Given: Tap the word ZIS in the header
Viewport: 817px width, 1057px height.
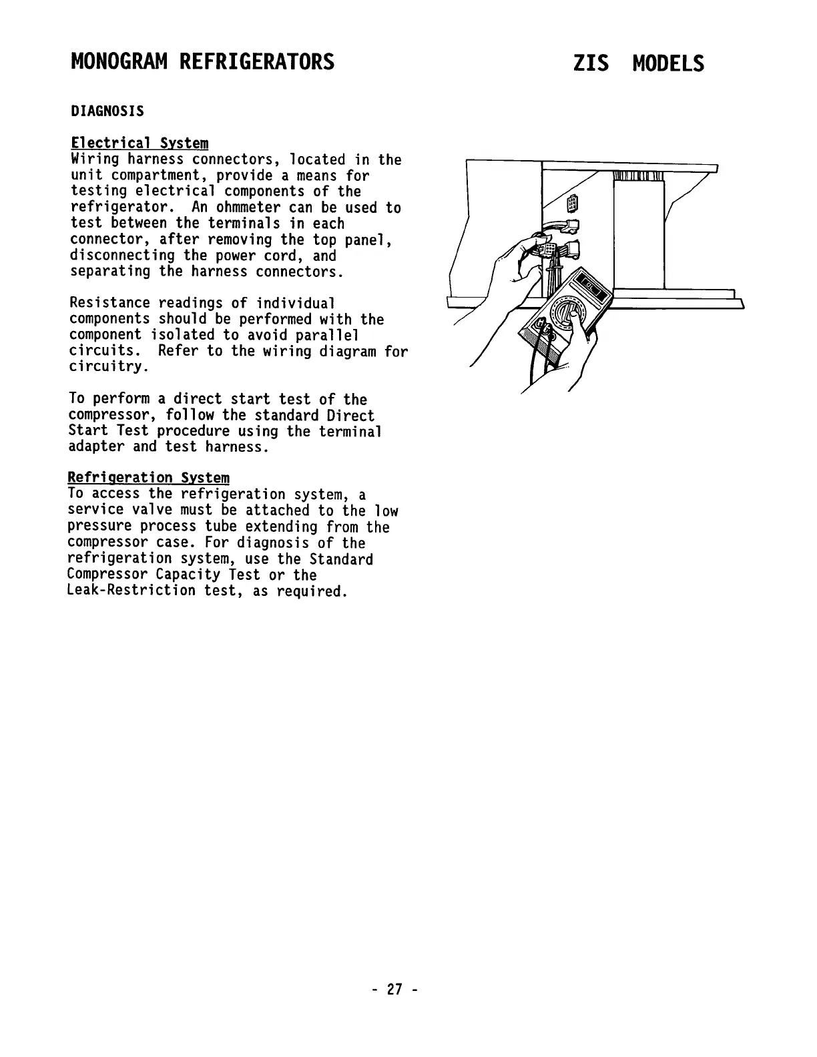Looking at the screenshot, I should pos(590,64).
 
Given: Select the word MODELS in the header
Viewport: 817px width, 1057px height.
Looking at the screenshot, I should pos(668,64).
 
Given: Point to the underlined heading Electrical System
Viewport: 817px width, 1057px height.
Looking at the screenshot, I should pos(140,143).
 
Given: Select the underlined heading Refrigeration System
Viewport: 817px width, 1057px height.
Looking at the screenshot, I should pos(149,478).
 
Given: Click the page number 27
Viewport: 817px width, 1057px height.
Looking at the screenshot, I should pos(394,990).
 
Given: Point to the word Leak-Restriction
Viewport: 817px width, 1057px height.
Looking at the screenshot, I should pos(132,591).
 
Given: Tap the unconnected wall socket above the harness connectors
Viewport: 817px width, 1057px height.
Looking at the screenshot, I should pos(572,203).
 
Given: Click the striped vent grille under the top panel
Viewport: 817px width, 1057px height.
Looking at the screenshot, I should pos(637,176).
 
